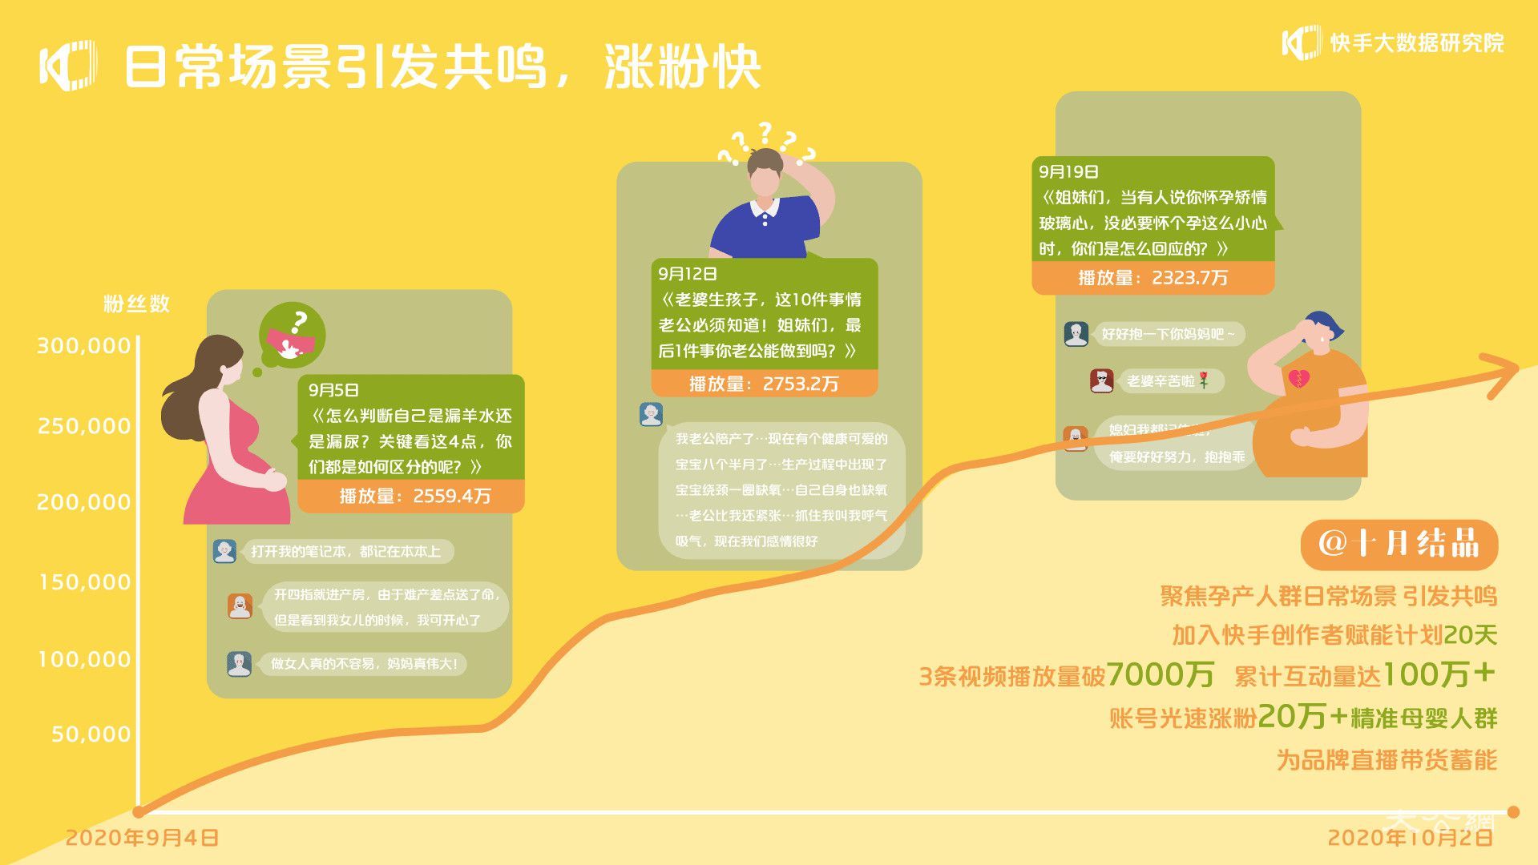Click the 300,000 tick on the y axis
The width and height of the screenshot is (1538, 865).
point(84,346)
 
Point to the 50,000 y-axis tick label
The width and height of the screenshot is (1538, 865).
point(91,734)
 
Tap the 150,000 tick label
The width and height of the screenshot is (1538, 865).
point(85,582)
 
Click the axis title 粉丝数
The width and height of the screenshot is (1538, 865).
point(136,304)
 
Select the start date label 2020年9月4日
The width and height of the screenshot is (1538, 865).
point(142,838)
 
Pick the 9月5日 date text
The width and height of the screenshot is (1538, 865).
point(333,390)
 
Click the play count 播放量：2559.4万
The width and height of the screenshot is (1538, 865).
point(414,496)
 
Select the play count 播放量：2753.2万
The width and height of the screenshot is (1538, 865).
point(764,384)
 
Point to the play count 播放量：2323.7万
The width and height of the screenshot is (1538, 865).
point(1152,278)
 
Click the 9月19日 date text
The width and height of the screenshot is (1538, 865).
point(1068,171)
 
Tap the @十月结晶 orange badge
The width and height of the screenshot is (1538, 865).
point(1399,544)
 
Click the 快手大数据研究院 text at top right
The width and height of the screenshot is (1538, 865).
point(1416,43)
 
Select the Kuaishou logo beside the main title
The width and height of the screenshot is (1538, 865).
point(68,65)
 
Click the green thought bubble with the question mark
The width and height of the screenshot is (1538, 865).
point(292,335)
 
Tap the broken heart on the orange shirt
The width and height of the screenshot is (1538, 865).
point(1299,378)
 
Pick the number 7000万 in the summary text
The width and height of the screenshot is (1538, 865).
point(1160,674)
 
